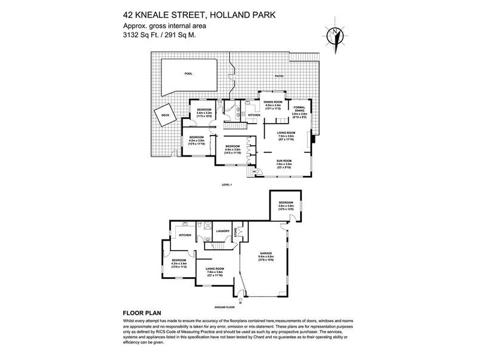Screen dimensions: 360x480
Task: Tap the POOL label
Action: pyautogui.click(x=188, y=74)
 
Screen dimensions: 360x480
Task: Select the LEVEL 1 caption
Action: pyautogui.click(x=227, y=184)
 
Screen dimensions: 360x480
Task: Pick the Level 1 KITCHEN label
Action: pyautogui.click(x=254, y=115)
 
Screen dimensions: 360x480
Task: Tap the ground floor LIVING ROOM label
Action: pyautogui.click(x=214, y=269)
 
